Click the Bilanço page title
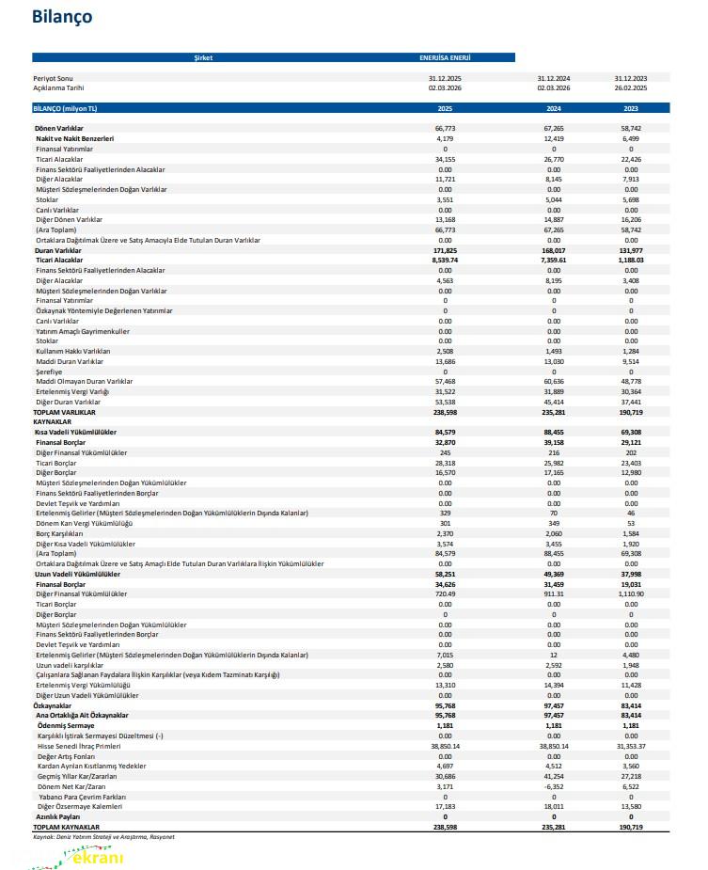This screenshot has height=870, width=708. tap(61, 17)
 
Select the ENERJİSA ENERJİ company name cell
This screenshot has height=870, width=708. tap(445, 57)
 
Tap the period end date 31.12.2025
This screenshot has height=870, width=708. tap(445, 79)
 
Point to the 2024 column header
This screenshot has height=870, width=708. tap(554, 108)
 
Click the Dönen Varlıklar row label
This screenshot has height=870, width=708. tap(58, 128)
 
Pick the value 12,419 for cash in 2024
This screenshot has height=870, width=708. tap(554, 138)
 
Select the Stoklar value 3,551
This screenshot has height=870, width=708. tap(445, 200)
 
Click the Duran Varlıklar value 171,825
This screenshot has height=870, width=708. tap(445, 251)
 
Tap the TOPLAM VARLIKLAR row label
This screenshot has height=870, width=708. tap(65, 412)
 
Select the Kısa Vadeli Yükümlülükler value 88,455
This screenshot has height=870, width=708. tap(554, 432)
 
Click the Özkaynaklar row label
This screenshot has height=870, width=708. tap(53, 704)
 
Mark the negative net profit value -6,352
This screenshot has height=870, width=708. tap(554, 785)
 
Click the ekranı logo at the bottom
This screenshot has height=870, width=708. tap(90, 856)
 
